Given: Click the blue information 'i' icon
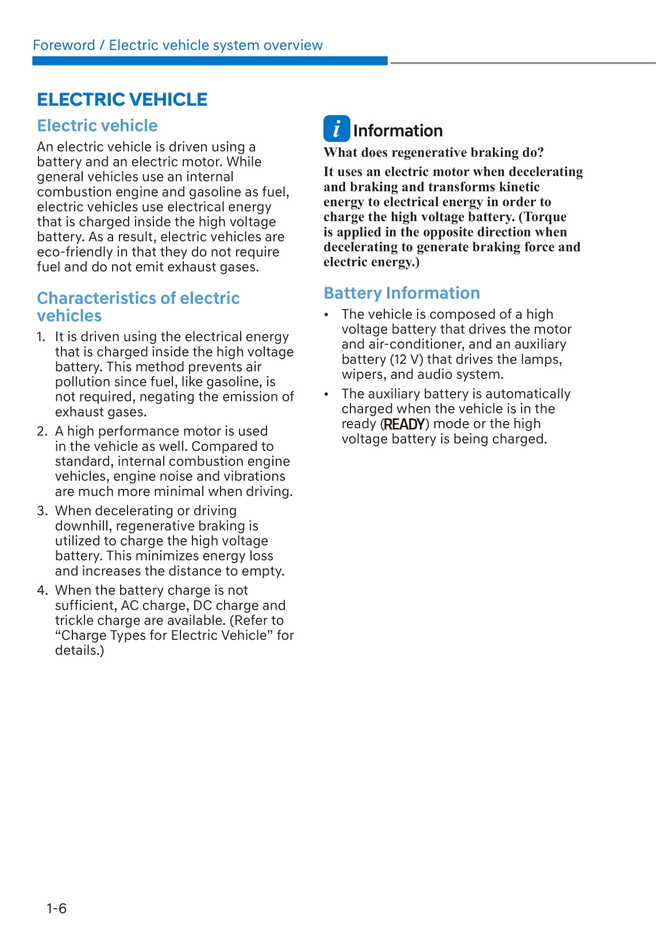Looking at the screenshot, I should coord(336,129).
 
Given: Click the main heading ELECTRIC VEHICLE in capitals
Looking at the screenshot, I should coord(122,99).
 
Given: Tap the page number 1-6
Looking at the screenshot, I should coord(56,908).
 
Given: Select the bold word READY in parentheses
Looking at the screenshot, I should coord(404,424).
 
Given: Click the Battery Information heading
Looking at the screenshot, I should coord(402,293).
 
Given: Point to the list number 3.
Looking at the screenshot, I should coord(41,511).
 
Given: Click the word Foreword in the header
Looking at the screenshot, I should coord(64,45).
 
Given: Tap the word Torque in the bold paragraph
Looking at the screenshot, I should coord(544,217).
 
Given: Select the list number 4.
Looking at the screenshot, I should coord(41,590).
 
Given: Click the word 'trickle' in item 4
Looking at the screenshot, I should coord(74,620).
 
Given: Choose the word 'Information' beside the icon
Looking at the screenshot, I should coord(398,131).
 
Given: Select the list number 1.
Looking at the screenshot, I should coord(41,337).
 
